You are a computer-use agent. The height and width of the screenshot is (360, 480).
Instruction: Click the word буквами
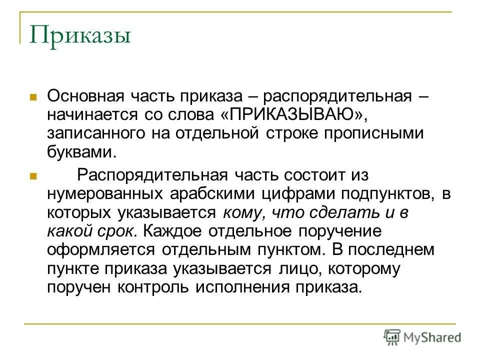point(81,152)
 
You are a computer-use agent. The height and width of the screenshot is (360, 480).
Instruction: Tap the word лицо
point(293,269)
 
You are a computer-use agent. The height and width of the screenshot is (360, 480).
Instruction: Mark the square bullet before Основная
point(34,95)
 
